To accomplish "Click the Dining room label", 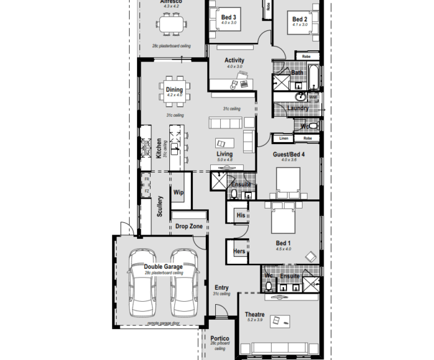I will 174,90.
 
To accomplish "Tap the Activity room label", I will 234,60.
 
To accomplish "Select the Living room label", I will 224,154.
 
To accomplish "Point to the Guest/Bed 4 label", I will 289,154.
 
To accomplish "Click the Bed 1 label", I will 283,243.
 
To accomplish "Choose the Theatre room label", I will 255,315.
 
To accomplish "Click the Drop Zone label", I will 188,227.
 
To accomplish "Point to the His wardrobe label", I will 241,215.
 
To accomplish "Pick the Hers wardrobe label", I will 239,251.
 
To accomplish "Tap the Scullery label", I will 159,205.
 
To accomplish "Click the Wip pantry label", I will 179,192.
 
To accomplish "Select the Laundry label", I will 298,108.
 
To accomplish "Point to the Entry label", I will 221,288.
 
